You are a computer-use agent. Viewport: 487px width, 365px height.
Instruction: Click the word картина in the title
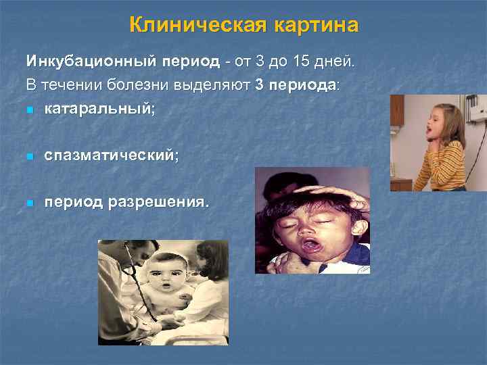pyautogui.click(x=317, y=26)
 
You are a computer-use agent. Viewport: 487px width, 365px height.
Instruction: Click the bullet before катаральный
pyautogui.click(x=30, y=109)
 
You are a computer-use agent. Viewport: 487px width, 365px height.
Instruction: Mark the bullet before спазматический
pyautogui.click(x=30, y=157)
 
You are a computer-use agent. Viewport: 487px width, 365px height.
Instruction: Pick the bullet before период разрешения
pyautogui.click(x=30, y=203)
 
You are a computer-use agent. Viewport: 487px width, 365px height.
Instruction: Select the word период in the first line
pyautogui.click(x=190, y=62)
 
